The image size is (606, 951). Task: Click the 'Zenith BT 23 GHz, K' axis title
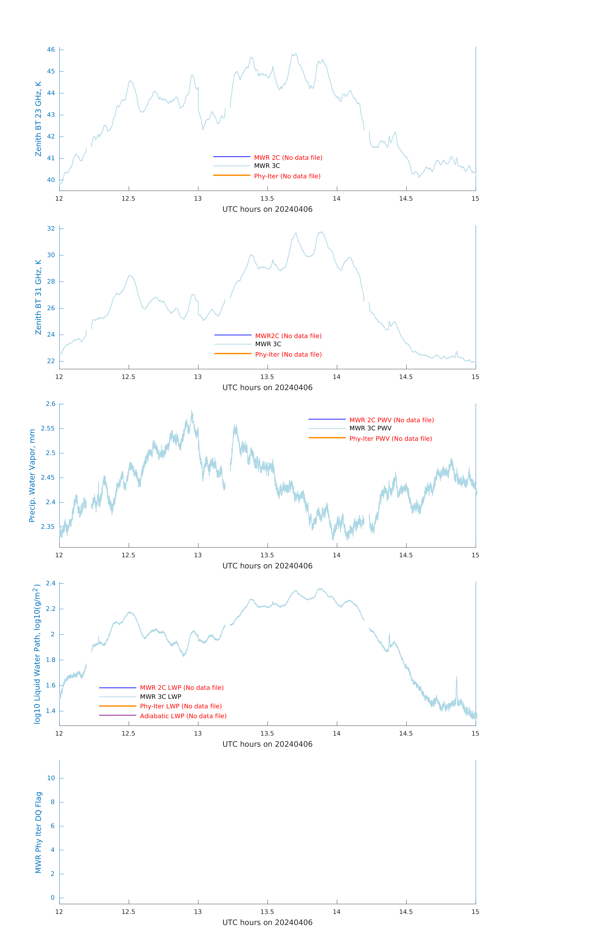pos(38,119)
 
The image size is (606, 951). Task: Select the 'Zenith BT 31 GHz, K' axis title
pos(38,297)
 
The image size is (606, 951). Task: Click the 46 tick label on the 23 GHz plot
pos(51,50)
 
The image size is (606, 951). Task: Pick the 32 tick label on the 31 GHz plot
pos(51,229)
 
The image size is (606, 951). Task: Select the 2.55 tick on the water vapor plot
pos(48,428)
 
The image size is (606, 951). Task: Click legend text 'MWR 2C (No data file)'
pos(288,158)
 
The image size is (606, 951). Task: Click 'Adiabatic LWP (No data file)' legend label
pos(183,716)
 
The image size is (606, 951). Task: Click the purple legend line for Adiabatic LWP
pos(118,715)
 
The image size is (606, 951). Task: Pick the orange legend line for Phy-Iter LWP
pos(118,706)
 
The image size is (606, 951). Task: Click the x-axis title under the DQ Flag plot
pos(267,923)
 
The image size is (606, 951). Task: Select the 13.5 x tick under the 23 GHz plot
pos(267,199)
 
